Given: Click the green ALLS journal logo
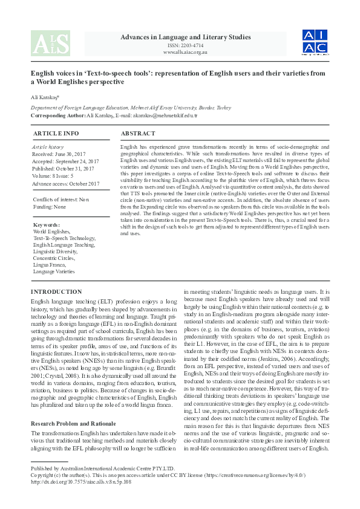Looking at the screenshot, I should click(x=50, y=43).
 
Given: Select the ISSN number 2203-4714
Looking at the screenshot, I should click(x=185, y=45).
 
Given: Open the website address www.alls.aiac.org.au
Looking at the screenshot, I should click(x=185, y=52).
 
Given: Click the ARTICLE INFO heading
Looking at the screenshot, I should click(x=56, y=132).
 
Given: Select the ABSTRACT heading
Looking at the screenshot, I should click(x=139, y=132).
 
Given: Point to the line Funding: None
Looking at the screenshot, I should click(x=50, y=207).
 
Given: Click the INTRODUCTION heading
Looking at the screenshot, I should click(x=56, y=291).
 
